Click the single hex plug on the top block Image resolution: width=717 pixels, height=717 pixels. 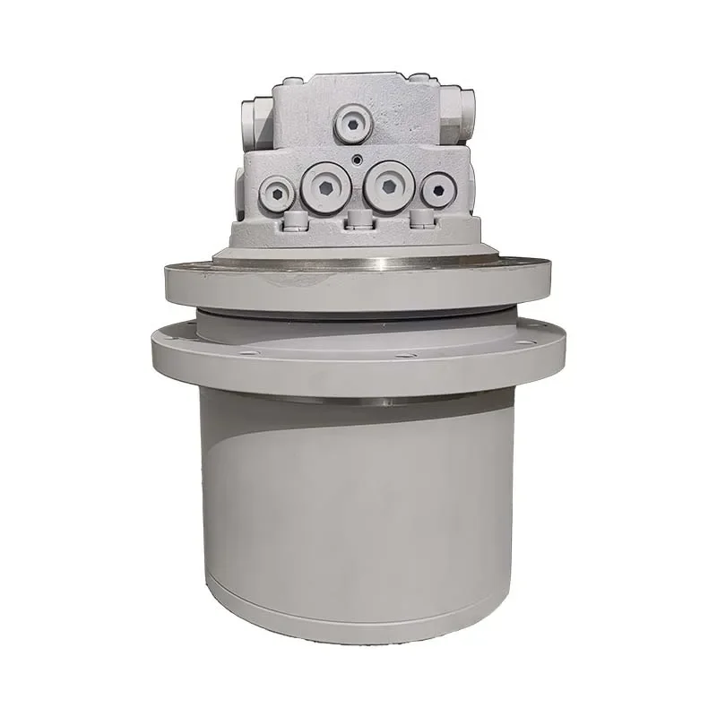point(352,124)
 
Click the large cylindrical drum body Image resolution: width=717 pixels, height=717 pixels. point(358,502)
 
